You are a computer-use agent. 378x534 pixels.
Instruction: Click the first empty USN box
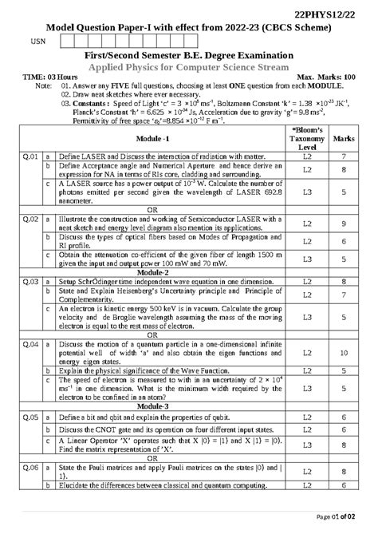(x=69, y=42)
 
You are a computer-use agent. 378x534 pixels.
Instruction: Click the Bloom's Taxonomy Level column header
(x=306, y=138)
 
